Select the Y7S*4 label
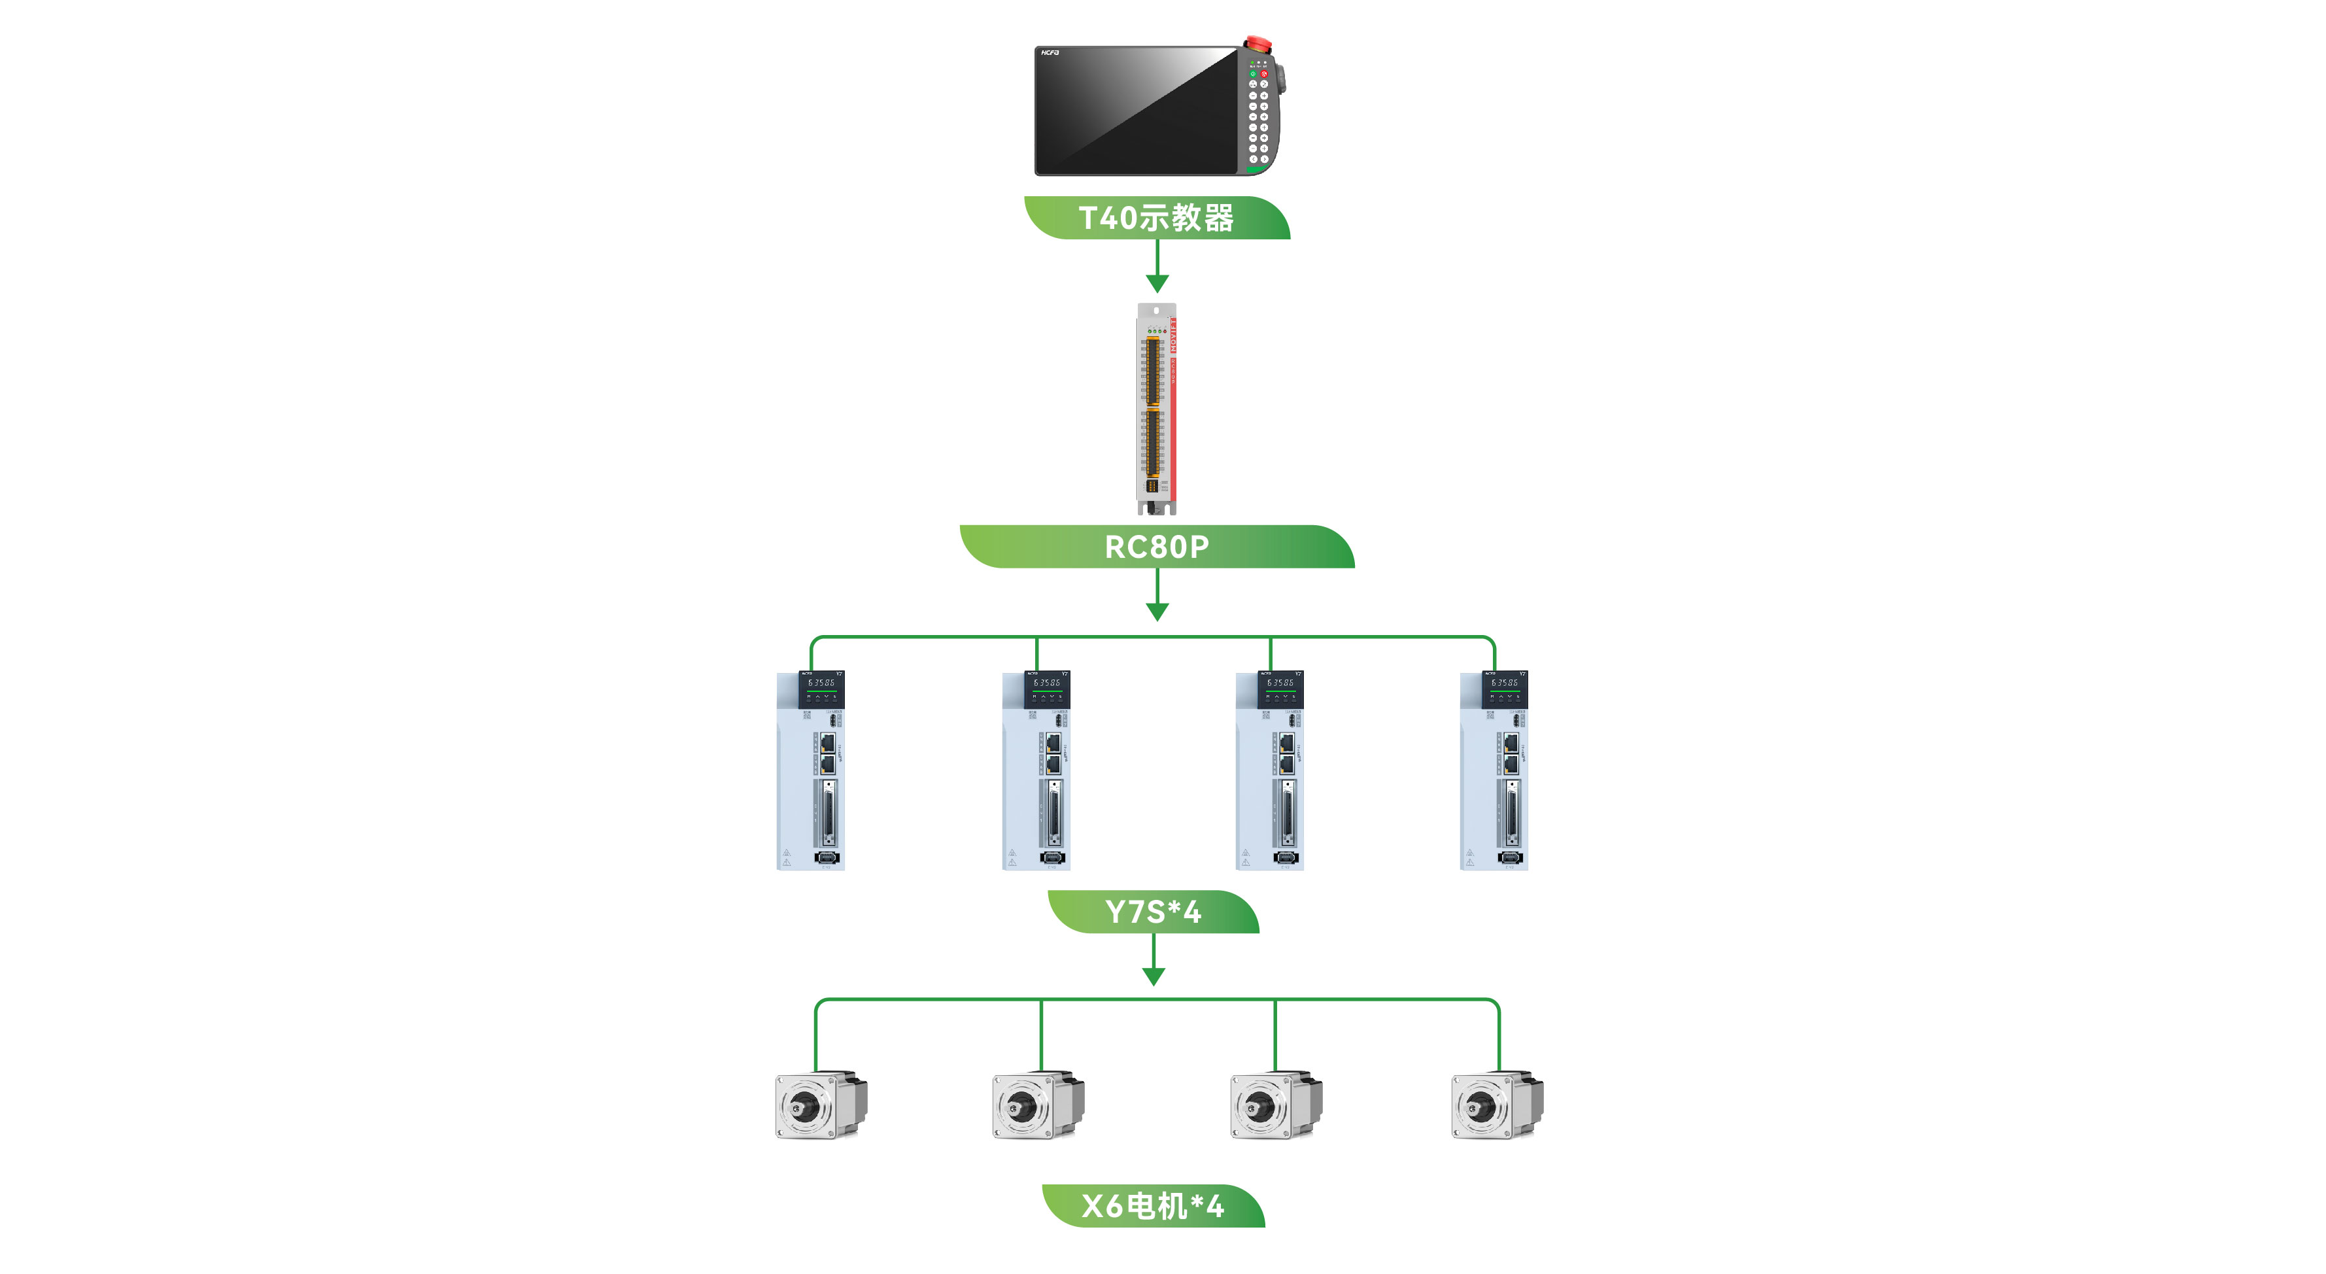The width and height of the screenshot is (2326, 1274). coord(1153,911)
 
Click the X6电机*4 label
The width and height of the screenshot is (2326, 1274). coord(1153,1205)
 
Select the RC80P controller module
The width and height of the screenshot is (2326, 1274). coord(1155,408)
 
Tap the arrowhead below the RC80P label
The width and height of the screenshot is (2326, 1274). coord(1157,612)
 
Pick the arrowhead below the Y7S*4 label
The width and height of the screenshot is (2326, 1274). coord(1153,976)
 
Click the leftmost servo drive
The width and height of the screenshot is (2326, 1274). coord(810,770)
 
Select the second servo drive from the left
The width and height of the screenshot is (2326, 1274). coord(1036,770)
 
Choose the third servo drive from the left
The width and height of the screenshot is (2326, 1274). coord(1269,770)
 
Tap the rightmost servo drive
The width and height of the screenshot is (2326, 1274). coord(1494,770)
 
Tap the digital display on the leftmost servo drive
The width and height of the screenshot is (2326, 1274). coord(821,683)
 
